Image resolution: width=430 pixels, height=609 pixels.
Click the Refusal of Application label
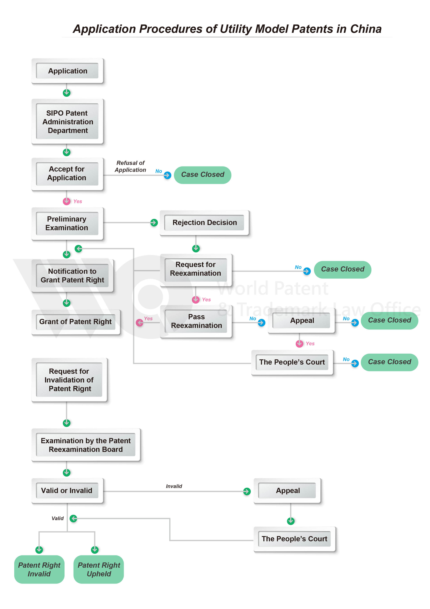(130, 166)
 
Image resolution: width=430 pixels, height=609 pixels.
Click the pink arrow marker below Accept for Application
(67, 201)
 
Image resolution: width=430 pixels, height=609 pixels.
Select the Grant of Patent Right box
(75, 322)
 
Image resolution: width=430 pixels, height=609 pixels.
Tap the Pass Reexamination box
(196, 321)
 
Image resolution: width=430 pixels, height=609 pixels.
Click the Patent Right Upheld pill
(98, 569)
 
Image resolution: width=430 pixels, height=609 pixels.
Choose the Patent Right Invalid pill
(39, 569)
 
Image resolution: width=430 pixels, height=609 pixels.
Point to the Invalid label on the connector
(174, 486)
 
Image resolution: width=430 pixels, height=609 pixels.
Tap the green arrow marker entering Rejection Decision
(154, 223)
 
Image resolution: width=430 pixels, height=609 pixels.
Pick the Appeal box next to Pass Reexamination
(302, 320)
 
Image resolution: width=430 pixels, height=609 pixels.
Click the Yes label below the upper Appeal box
(310, 344)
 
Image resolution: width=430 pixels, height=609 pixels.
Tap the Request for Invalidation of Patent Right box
(69, 380)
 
